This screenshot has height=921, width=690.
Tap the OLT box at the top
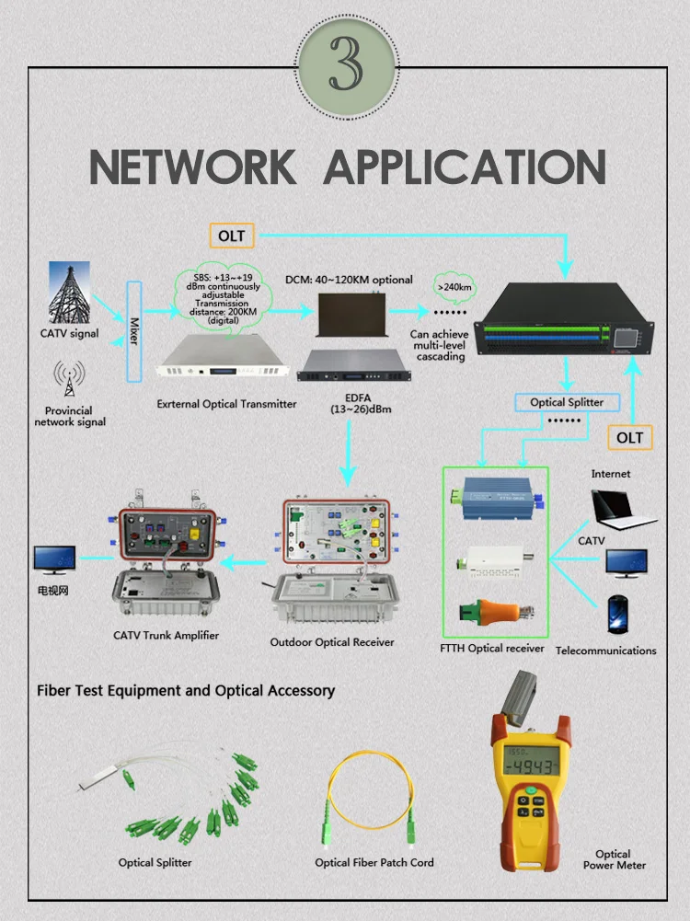pos(232,236)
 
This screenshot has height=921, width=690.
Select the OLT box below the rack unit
pos(630,437)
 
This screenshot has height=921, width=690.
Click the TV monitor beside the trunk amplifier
pos(53,559)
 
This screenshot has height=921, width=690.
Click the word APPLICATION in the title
pos(466,167)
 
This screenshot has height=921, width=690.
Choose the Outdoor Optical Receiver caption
pos(332,641)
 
